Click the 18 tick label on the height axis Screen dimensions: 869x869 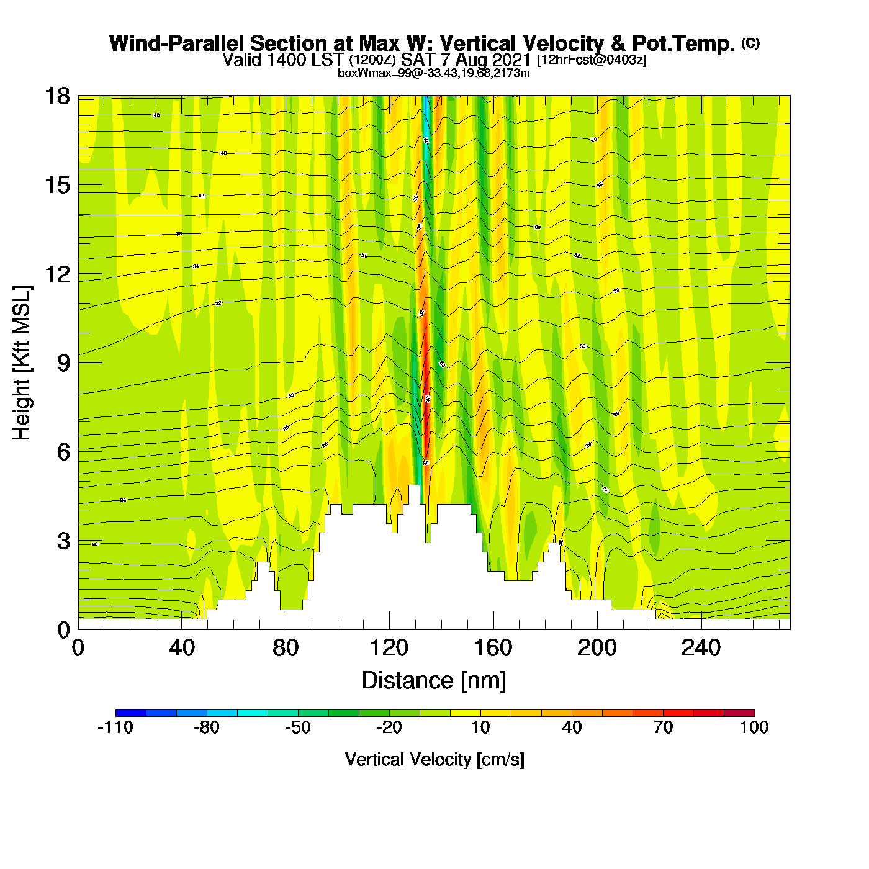[57, 96]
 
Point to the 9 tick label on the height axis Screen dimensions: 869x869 [63, 363]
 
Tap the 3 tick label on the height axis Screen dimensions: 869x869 [63, 541]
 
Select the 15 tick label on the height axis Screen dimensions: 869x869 [57, 185]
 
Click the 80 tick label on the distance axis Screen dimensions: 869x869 [286, 649]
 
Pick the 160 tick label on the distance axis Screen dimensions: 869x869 [493, 649]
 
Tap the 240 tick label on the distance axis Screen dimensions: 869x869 [701, 649]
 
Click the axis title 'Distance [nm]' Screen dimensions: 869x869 [434, 681]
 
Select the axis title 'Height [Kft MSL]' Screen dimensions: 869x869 [22, 363]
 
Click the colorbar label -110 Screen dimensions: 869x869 [115, 727]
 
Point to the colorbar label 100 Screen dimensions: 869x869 [754, 727]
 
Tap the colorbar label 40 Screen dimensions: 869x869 [572, 727]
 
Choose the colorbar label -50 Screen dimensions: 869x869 [298, 727]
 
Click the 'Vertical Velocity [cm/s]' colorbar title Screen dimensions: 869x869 [434, 759]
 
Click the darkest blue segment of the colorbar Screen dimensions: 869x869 [130, 713]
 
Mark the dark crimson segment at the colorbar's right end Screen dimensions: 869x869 [739, 713]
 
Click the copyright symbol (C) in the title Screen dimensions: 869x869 [750, 43]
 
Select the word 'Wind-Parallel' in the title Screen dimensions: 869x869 [178, 43]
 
